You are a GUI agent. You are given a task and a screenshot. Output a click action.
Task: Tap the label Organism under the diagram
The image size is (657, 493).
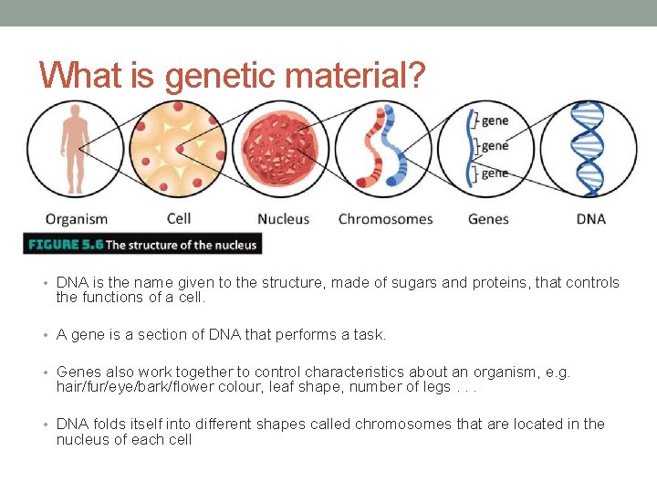click(x=77, y=219)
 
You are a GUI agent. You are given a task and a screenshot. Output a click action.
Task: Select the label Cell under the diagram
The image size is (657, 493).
click(x=179, y=219)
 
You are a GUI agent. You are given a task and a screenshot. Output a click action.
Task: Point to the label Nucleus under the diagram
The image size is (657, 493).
click(x=283, y=219)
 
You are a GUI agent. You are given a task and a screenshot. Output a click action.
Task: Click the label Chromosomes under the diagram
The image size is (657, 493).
click(x=385, y=219)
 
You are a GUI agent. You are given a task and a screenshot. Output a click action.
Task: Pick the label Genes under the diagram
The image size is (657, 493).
click(x=488, y=219)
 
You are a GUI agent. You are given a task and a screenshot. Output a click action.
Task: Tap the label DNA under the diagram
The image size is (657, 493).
click(x=591, y=219)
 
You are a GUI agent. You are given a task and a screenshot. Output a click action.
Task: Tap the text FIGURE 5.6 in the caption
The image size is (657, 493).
click(x=65, y=245)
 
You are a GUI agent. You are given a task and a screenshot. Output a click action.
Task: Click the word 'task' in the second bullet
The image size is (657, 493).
click(x=367, y=335)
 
